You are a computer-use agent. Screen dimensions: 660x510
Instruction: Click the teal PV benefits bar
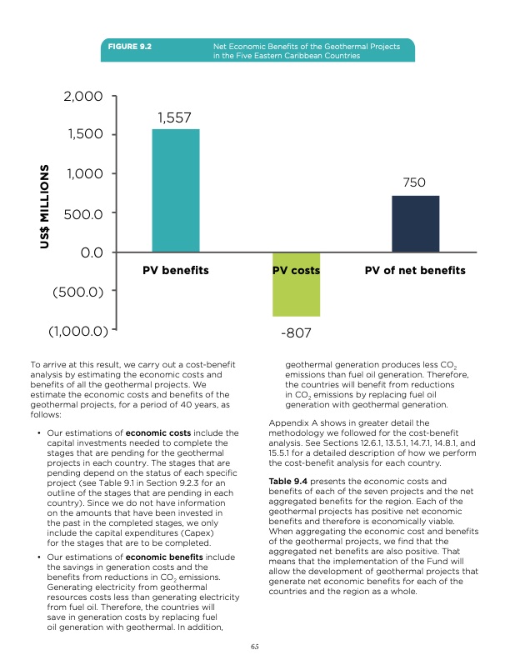tap(175, 190)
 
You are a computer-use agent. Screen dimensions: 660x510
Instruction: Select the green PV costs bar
tap(296, 284)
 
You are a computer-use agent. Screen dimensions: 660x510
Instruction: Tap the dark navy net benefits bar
tap(415, 223)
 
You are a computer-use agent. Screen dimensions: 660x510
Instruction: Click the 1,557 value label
tap(175, 118)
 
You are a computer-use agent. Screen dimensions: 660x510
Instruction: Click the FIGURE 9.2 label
tap(134, 45)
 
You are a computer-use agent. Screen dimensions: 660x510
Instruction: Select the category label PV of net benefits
tap(415, 271)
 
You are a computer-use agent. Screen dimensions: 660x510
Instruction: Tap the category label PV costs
tap(296, 271)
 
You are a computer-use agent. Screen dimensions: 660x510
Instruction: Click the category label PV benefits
tap(175, 271)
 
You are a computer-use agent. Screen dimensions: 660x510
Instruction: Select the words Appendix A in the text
tap(297, 423)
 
